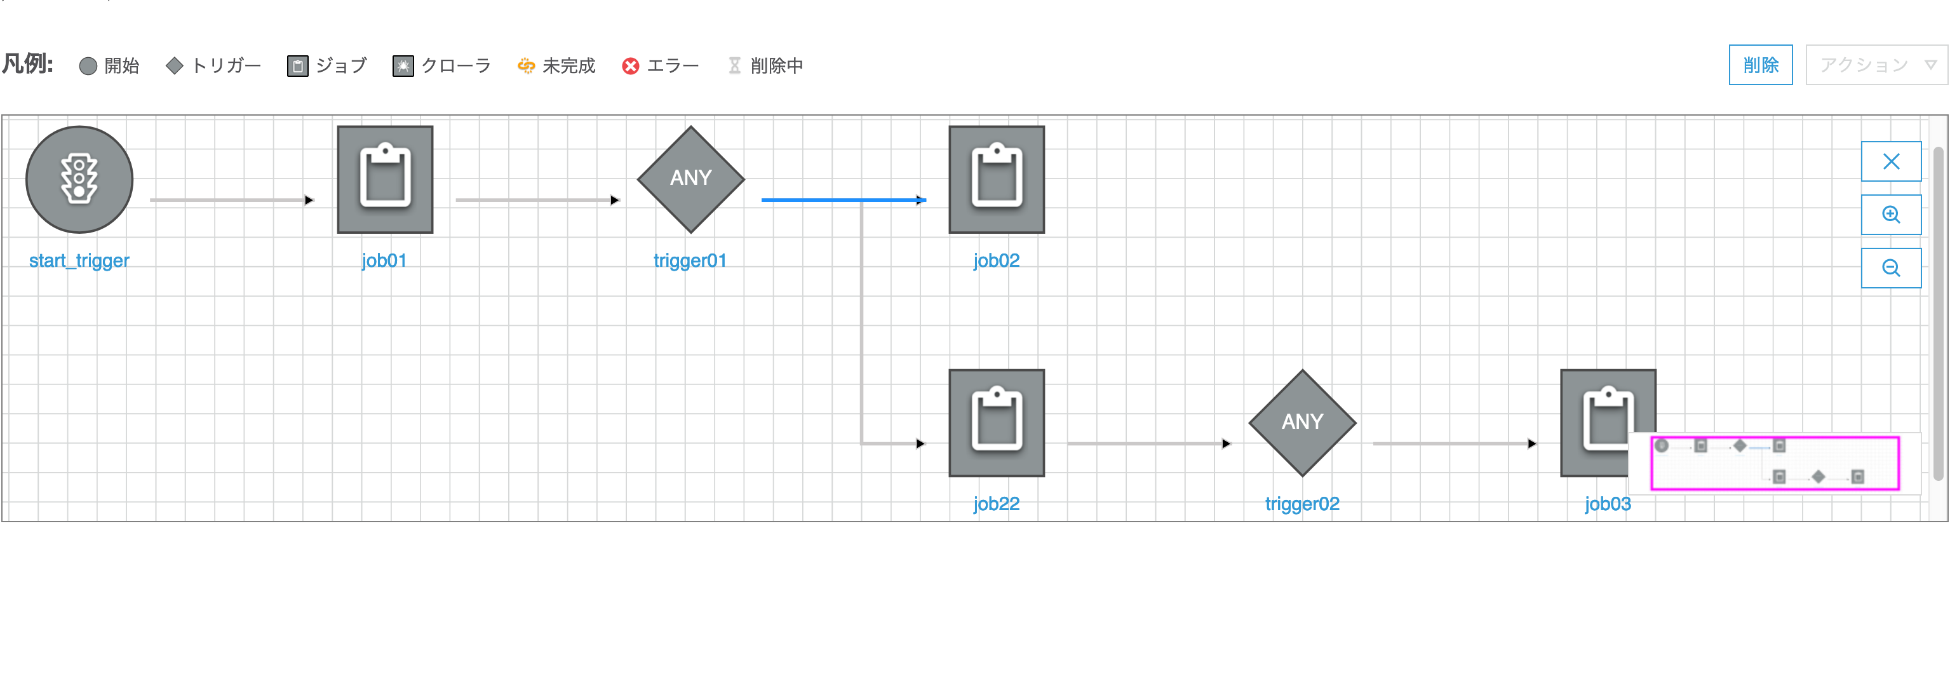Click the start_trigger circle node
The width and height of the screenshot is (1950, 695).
[x=79, y=179]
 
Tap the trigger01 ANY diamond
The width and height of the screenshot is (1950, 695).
[x=691, y=179]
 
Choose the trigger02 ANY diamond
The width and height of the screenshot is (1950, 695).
[x=1303, y=422]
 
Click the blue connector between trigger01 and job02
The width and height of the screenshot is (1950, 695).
[x=844, y=200]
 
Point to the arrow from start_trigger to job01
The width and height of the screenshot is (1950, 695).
[x=232, y=200]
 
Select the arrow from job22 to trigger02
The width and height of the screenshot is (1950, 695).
[x=1149, y=443]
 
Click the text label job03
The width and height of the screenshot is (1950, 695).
[x=1608, y=504]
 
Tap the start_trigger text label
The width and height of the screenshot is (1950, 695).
[x=79, y=260]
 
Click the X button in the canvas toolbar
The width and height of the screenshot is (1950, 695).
[x=1891, y=161]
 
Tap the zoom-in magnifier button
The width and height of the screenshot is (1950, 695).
[x=1891, y=214]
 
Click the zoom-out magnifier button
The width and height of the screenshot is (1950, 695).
[x=1891, y=268]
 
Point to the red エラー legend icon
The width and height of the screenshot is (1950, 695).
[x=631, y=67]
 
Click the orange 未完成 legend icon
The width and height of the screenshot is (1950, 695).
[x=526, y=67]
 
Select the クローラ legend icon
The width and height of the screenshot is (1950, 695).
[x=403, y=67]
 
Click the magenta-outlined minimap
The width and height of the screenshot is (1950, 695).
[x=1775, y=463]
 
